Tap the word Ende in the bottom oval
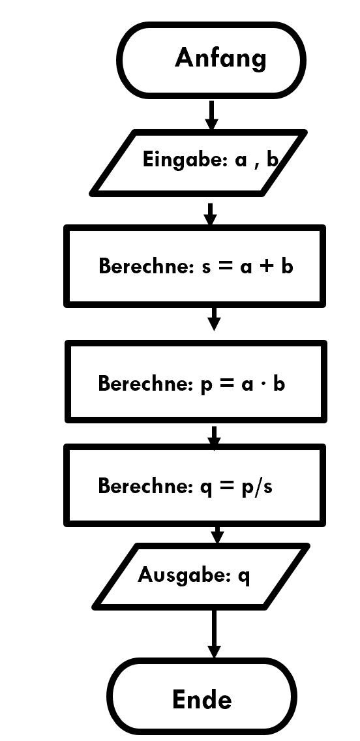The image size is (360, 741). (x=202, y=699)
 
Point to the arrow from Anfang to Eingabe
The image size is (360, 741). (x=211, y=114)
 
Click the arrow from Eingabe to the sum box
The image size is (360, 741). (x=211, y=214)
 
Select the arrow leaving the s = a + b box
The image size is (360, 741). (x=214, y=318)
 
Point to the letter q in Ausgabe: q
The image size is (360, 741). (x=245, y=577)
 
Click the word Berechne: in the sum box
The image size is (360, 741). (x=147, y=266)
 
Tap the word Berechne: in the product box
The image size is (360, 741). (x=146, y=383)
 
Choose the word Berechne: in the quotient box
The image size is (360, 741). (x=146, y=485)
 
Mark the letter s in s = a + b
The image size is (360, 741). (x=206, y=267)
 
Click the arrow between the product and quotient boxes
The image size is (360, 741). (x=214, y=436)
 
